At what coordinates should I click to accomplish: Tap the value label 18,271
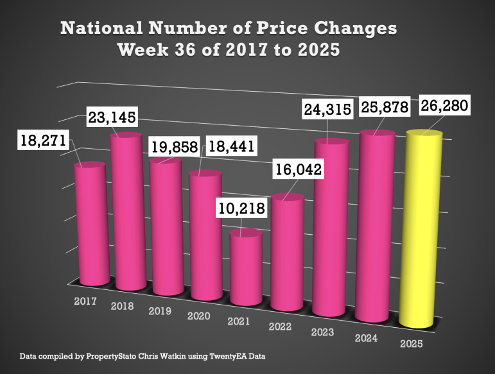coord(40,141)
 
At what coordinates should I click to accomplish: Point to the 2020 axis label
coord(198,316)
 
